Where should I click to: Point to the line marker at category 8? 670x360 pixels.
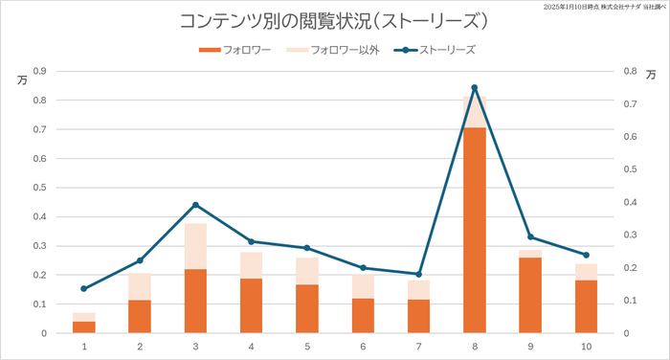click(x=475, y=88)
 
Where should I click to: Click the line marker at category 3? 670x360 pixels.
click(x=195, y=205)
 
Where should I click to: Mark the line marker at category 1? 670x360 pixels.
click(x=84, y=288)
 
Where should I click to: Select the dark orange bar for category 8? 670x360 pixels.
click(x=475, y=230)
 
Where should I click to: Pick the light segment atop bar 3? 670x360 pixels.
click(x=195, y=246)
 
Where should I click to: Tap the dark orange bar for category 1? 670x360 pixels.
click(x=84, y=327)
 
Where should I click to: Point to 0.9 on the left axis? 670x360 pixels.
click(x=40, y=71)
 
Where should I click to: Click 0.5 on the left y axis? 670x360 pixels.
click(x=40, y=188)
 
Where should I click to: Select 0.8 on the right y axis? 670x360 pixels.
click(x=628, y=71)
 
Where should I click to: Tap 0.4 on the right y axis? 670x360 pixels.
click(x=628, y=202)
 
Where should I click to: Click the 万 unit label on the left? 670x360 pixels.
click(x=21, y=79)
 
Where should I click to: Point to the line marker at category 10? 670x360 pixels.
click(x=586, y=255)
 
